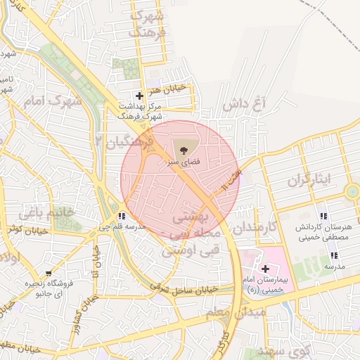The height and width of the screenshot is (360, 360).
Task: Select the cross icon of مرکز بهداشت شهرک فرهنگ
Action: click(139, 96)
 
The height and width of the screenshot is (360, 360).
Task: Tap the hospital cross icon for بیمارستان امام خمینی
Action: click(265, 268)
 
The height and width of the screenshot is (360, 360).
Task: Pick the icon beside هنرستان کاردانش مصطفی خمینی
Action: click(323, 216)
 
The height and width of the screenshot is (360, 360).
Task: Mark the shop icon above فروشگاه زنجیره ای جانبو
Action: click(48, 273)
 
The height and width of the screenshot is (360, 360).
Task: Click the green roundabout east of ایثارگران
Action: click(352, 191)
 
